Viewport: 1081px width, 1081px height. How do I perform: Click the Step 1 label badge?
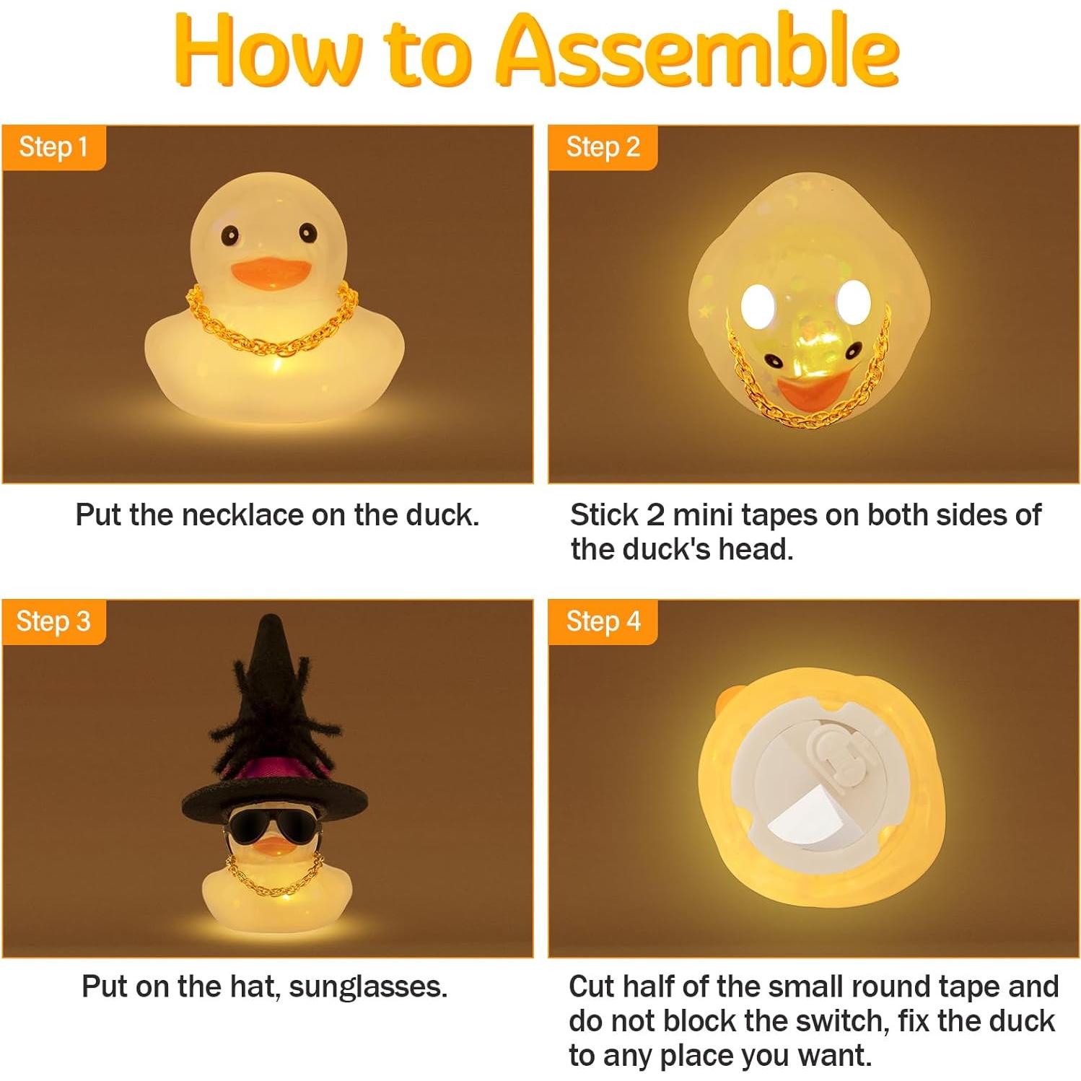point(53,147)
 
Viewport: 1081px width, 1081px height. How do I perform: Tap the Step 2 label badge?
point(603,147)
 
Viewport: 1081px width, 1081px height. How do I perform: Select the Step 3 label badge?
point(53,621)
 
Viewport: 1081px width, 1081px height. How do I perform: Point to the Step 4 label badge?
point(603,621)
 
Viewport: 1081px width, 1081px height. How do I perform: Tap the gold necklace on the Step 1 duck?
point(271,339)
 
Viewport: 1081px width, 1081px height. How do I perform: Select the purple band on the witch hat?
point(274,771)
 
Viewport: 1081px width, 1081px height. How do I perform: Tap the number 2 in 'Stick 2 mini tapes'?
point(655,515)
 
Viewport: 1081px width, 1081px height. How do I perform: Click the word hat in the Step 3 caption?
point(254,986)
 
